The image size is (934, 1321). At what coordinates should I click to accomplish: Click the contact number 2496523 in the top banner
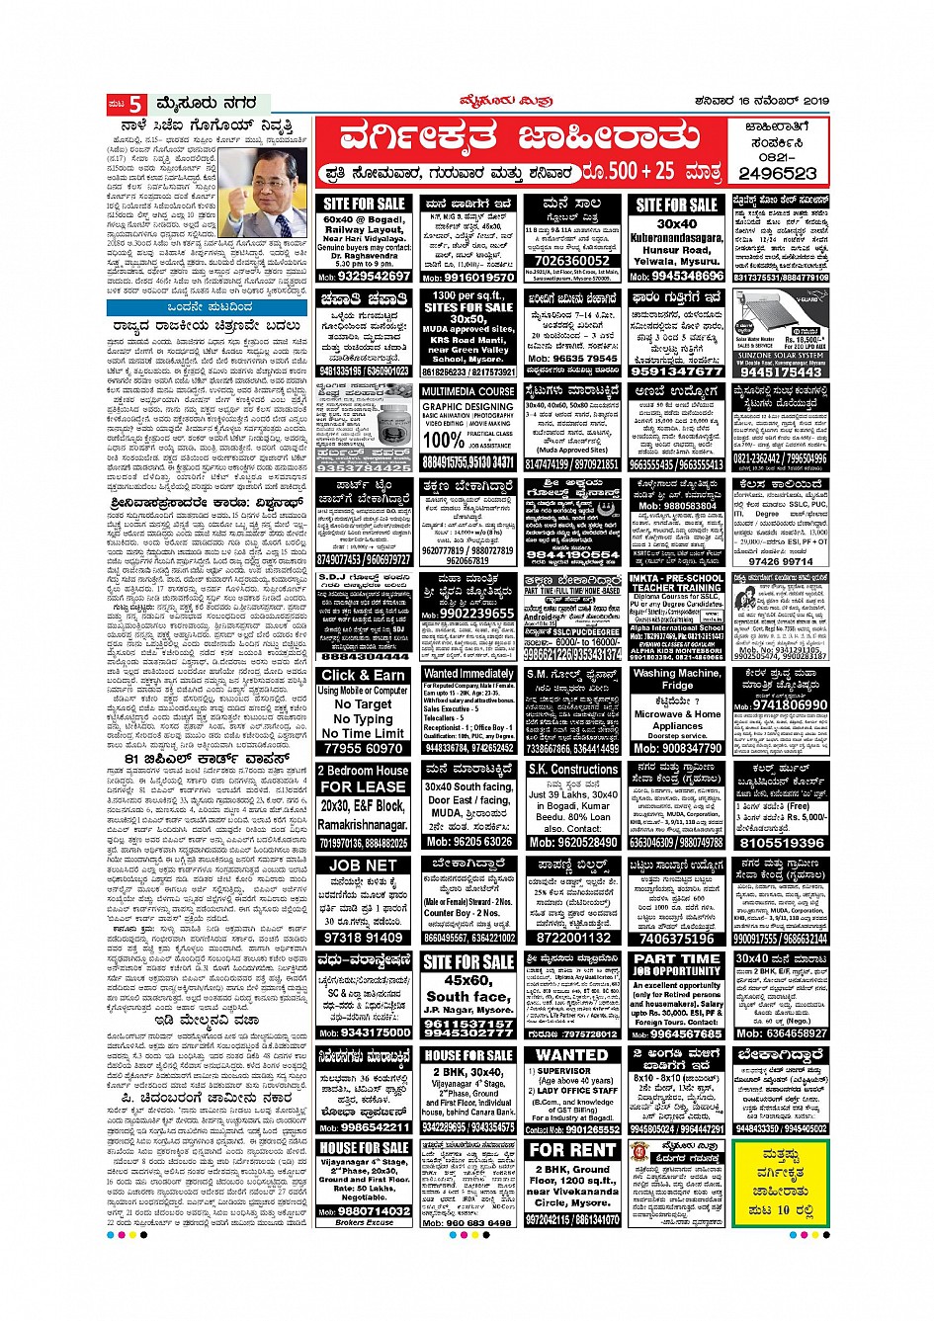(778, 173)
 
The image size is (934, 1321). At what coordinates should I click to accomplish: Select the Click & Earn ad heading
(364, 675)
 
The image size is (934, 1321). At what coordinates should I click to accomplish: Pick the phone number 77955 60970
(364, 748)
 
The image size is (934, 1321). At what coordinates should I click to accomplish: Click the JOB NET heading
(363, 865)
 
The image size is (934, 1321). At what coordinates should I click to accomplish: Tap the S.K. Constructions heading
(573, 769)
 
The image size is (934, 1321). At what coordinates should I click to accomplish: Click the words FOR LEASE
(364, 786)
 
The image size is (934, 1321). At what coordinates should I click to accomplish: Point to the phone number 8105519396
(781, 843)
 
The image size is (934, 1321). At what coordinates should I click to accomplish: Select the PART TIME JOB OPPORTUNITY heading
(677, 964)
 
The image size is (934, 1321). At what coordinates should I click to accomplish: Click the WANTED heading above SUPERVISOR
(572, 1054)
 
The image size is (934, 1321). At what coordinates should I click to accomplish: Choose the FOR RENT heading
(573, 1150)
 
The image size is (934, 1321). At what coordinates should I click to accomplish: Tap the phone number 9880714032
(364, 1210)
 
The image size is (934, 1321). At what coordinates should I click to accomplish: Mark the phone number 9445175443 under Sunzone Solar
(781, 372)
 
